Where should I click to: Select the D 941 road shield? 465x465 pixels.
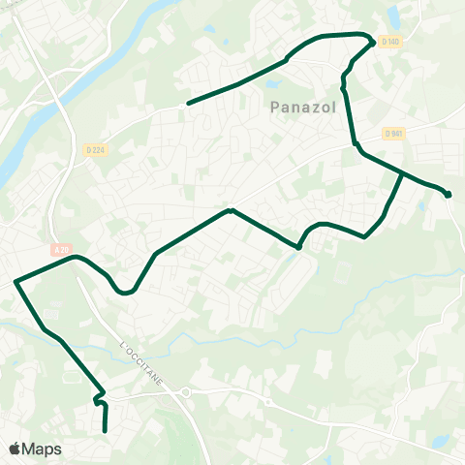tap(392, 133)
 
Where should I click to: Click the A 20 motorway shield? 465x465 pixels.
tap(61, 250)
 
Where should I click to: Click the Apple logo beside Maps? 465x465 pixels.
tap(15, 449)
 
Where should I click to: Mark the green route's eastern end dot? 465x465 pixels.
tap(449, 195)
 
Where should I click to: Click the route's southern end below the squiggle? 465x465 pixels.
tap(105, 430)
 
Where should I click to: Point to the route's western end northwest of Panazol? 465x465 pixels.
tap(188, 103)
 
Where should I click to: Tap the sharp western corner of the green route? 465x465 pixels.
tap(16, 282)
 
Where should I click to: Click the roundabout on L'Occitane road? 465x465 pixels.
tap(185, 392)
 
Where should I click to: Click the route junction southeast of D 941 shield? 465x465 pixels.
tap(402, 173)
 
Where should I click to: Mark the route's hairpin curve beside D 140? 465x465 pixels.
tap(371, 41)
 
